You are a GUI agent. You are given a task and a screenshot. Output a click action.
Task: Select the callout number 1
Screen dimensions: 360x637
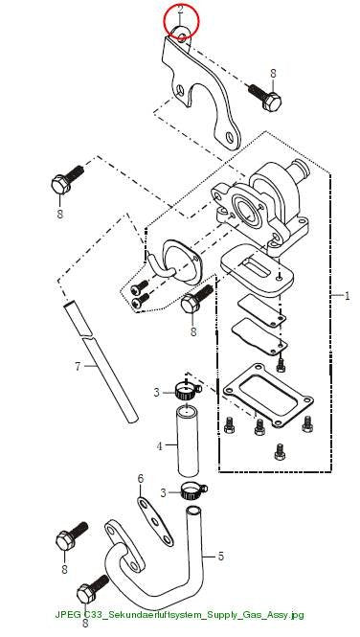pyautogui.click(x=347, y=296)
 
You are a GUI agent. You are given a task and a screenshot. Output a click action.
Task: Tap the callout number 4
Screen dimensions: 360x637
pyautogui.click(x=160, y=446)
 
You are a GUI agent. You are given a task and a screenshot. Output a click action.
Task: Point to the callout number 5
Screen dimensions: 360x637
pyautogui.click(x=220, y=557)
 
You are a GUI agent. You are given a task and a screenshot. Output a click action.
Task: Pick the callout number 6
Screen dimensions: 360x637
pyautogui.click(x=141, y=479)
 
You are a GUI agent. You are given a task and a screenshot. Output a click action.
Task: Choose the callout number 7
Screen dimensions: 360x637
pyautogui.click(x=79, y=367)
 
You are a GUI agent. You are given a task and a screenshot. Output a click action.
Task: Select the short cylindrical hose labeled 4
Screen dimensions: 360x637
pyautogui.click(x=187, y=442)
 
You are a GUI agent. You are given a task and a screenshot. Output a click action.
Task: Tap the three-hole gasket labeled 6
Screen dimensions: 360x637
pyautogui.click(x=155, y=521)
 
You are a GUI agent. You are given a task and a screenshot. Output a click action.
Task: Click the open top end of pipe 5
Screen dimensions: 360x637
pyautogui.click(x=194, y=510)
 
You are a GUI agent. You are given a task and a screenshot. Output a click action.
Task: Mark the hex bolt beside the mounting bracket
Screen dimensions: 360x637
pyautogui.click(x=266, y=97)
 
